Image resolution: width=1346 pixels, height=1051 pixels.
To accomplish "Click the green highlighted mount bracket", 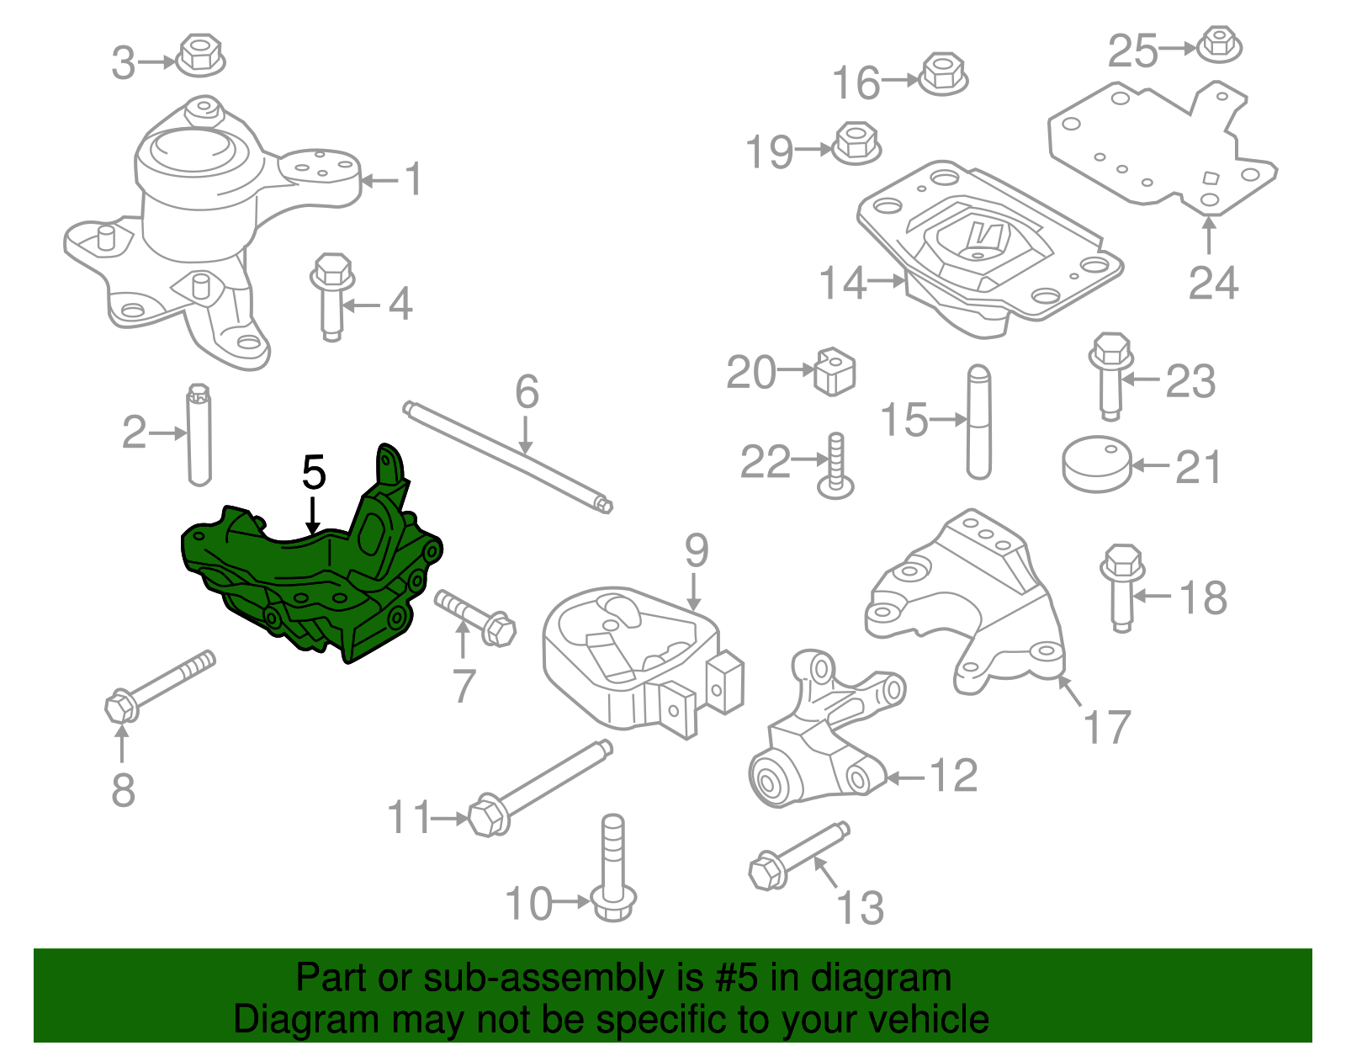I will point(311,581).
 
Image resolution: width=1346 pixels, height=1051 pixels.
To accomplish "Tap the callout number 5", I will point(314,473).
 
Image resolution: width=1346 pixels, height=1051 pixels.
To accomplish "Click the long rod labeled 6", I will point(509,458).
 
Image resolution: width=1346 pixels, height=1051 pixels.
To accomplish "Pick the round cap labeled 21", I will point(1096,464).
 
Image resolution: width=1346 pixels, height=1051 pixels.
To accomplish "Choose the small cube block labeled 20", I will point(835,370).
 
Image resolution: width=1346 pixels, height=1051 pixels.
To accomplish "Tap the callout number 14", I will point(842,283).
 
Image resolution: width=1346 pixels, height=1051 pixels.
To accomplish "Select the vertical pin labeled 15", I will point(978,421).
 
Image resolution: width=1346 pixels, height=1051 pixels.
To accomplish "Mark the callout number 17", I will point(1107,727).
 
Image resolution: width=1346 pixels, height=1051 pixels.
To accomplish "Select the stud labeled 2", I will point(199,435).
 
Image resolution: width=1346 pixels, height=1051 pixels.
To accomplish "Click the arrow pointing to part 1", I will point(379,180).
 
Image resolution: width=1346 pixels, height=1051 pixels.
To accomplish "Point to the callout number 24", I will point(1213,283).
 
